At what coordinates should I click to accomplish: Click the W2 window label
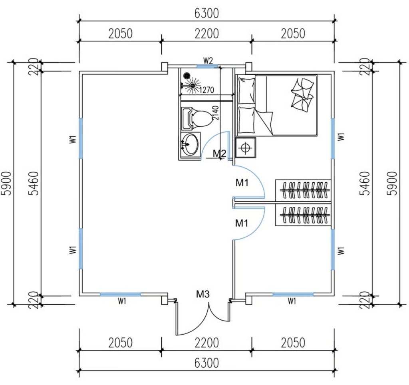[208, 60]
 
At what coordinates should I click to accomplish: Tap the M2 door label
[219, 153]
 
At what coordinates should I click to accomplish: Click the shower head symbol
[193, 85]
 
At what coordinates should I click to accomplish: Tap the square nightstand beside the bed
[245, 148]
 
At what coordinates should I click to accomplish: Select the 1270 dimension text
[207, 90]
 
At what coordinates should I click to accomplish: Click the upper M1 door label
[242, 183]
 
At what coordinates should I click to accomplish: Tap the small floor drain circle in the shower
[185, 75]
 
